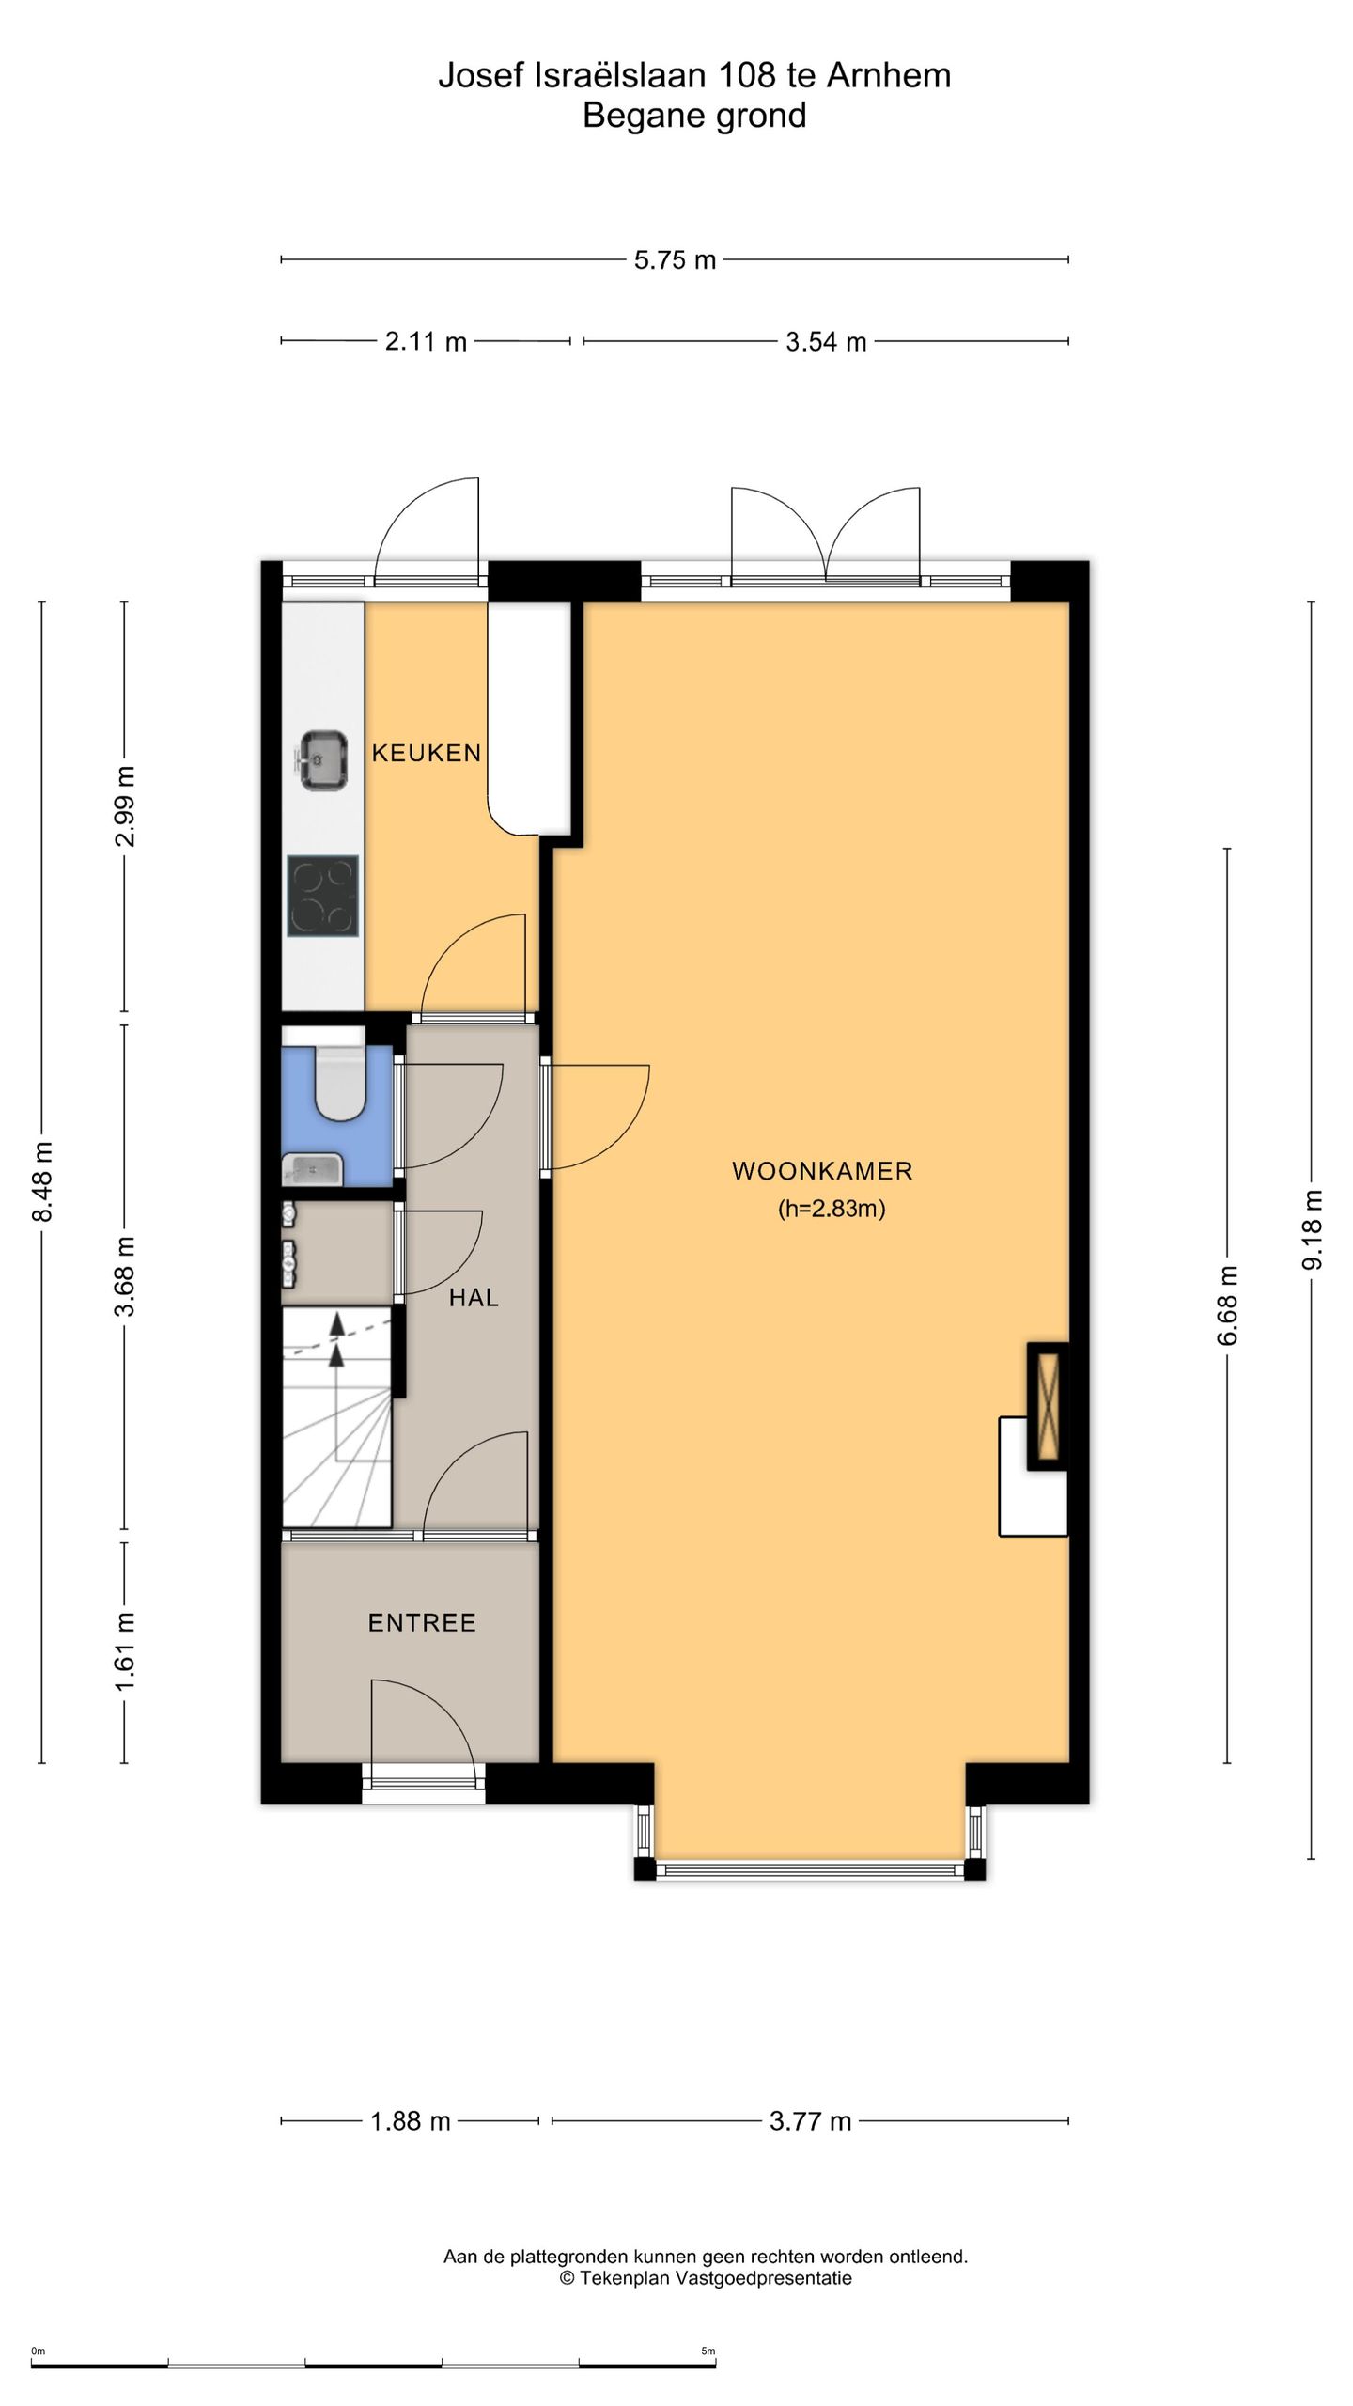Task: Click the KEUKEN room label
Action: [x=427, y=753]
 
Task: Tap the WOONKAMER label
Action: [x=822, y=1171]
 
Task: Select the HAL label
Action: [x=474, y=1298]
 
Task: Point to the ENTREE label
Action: [x=422, y=1623]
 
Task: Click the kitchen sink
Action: [x=324, y=760]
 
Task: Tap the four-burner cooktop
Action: [x=322, y=896]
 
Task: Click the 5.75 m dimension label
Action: [x=675, y=260]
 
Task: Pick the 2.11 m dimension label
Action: [x=426, y=342]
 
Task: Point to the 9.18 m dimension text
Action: [x=1312, y=1229]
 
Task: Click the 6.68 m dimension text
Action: [x=1228, y=1305]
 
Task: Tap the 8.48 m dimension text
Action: [x=42, y=1181]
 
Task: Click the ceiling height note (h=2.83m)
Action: [x=832, y=1209]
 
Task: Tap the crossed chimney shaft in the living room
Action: [x=1048, y=1406]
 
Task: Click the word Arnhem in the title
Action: [x=889, y=76]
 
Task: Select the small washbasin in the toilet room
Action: [x=313, y=1170]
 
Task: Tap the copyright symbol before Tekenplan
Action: [x=567, y=2277]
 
